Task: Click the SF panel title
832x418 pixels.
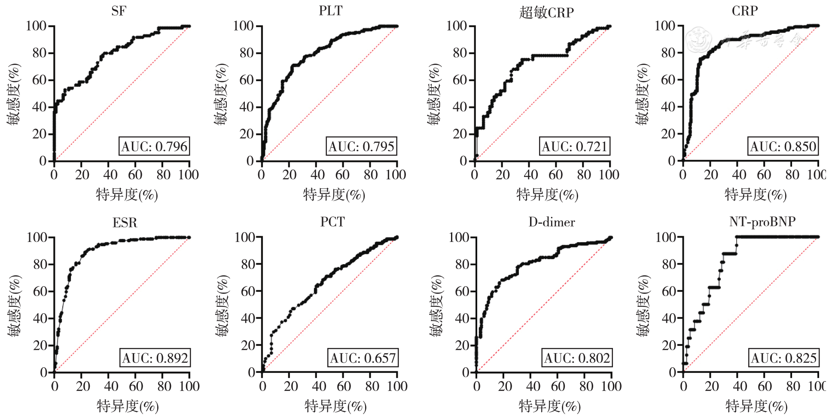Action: pos(119,11)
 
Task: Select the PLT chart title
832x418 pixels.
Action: pos(330,11)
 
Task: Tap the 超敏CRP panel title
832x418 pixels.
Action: pos(546,12)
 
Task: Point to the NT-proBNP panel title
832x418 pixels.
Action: pos(762,222)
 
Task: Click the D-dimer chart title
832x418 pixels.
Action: pos(552,222)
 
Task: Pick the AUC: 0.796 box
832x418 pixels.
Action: pos(154,146)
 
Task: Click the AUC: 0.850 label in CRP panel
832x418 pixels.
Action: pos(783,146)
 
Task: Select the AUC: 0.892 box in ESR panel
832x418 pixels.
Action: pos(155,358)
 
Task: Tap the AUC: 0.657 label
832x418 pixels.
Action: pos(363,358)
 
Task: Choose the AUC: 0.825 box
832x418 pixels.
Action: pos(783,358)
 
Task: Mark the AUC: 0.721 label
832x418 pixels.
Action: pos(574,146)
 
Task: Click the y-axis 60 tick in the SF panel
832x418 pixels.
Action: pos(39,80)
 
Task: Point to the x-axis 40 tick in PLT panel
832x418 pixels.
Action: pos(317,174)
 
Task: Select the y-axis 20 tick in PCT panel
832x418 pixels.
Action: pos(248,345)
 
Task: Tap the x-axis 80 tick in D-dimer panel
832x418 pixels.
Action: pos(586,386)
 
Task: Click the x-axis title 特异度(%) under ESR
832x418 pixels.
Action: pos(128,406)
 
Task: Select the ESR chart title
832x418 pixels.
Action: pos(125,223)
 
